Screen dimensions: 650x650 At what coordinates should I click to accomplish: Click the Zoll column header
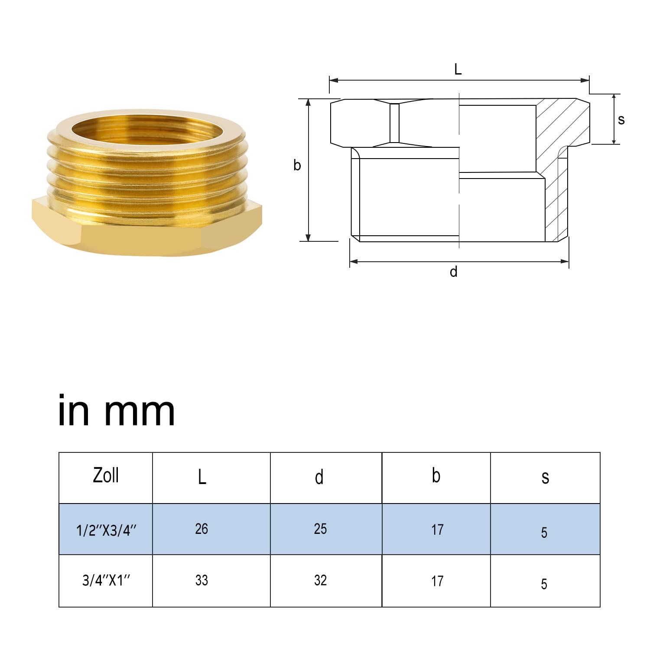pyautogui.click(x=106, y=475)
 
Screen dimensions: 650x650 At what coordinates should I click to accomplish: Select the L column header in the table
pyautogui.click(x=202, y=477)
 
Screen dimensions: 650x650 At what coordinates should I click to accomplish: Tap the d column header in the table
pyautogui.click(x=319, y=477)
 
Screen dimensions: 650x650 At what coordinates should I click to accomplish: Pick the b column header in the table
pyautogui.click(x=436, y=475)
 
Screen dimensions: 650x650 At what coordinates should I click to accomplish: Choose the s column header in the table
pyautogui.click(x=545, y=478)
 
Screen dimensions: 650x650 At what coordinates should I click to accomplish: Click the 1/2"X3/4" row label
pyautogui.click(x=106, y=530)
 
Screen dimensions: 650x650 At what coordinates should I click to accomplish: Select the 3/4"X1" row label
pyautogui.click(x=106, y=580)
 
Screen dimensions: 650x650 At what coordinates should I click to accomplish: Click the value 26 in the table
pyautogui.click(x=201, y=529)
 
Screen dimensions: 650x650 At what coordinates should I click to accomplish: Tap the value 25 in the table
pyautogui.click(x=320, y=529)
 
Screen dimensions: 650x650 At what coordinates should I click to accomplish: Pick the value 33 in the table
pyautogui.click(x=201, y=580)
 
